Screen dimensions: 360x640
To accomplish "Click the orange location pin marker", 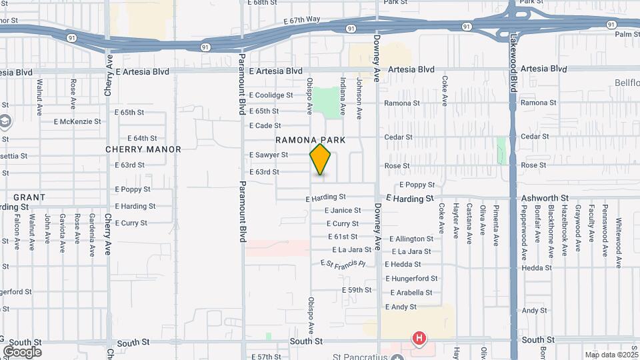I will (x=321, y=159).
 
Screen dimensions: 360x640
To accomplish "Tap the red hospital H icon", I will (x=419, y=339).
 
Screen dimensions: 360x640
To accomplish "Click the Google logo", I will (x=22, y=351).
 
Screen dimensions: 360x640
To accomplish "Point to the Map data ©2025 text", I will (x=611, y=355).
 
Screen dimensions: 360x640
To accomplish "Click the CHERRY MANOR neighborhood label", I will (x=143, y=150).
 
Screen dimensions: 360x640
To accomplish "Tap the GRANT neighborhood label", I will (x=29, y=197).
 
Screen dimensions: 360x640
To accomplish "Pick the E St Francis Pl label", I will (x=343, y=264).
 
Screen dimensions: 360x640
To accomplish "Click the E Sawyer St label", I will (x=269, y=155).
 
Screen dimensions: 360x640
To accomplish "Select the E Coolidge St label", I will (x=271, y=95).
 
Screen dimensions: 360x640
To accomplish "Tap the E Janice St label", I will (x=343, y=210).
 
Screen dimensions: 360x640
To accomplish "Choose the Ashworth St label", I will (x=545, y=199).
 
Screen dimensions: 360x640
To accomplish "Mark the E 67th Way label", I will (x=302, y=20).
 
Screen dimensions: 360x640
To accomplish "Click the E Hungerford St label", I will (x=411, y=279).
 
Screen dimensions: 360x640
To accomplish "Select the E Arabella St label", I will (x=411, y=293).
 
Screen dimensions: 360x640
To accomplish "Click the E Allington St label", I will (x=411, y=239).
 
